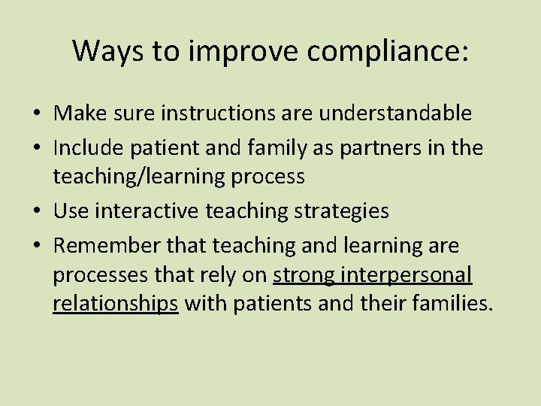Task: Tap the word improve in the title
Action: coord(226,51)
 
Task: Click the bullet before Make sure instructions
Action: coord(36,114)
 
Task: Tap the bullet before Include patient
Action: coord(36,148)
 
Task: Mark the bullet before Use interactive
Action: coord(36,212)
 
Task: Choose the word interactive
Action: coord(144,211)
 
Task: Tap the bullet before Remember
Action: coord(36,246)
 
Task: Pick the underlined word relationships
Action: coord(116,303)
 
